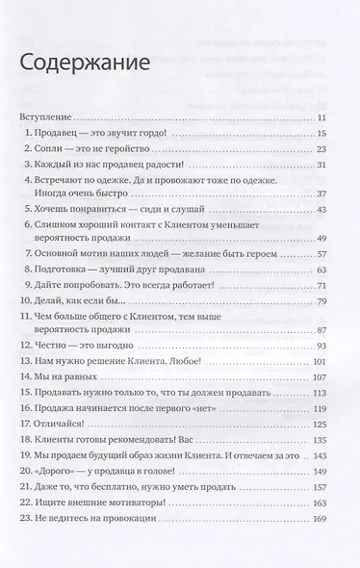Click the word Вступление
45,116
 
